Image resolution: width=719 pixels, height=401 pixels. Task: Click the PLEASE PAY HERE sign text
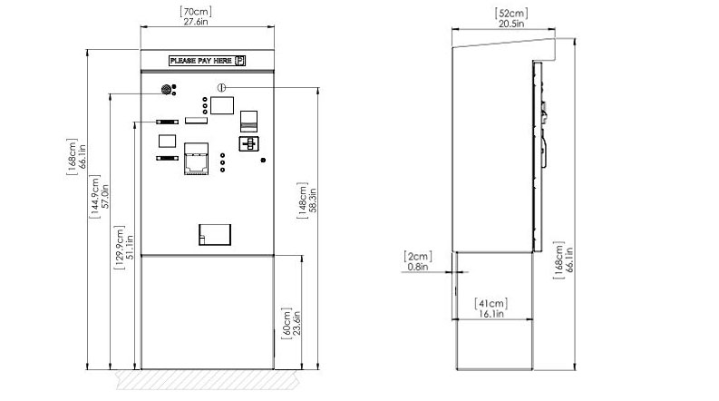(201, 61)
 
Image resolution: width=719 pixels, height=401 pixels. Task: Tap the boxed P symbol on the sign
(240, 61)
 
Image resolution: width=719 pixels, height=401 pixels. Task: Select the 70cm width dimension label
(196, 12)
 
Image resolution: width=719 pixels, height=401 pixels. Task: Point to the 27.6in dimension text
(196, 22)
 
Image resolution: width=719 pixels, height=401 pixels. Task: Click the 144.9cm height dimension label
(94, 196)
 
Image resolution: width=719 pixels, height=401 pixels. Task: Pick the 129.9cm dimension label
(119, 247)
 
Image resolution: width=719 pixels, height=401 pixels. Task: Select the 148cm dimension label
(302, 200)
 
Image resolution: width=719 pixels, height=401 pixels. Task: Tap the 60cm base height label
(287, 323)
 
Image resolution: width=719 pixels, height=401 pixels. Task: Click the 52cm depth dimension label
(511, 14)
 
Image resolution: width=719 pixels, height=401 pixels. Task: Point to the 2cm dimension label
(418, 257)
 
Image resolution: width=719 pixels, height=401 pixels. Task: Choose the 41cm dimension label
(491, 303)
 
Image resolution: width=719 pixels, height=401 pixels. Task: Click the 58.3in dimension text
(313, 200)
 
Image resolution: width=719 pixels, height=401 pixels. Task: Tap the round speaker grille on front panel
(167, 90)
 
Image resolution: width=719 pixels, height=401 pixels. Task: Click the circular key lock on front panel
(221, 87)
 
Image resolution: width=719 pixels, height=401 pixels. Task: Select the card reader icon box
(249, 143)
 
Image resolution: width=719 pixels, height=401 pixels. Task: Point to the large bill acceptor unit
(196, 159)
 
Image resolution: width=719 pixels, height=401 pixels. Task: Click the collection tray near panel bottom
(215, 234)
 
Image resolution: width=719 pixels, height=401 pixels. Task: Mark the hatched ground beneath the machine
(208, 380)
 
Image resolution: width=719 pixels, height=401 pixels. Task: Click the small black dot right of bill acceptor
(263, 160)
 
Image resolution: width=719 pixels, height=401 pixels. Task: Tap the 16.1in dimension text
(491, 314)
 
